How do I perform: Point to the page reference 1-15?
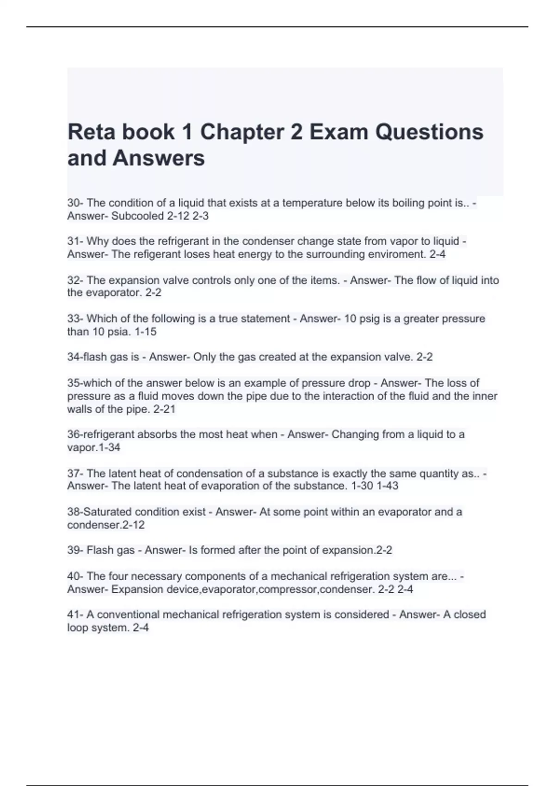[x=145, y=332]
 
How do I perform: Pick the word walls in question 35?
[x=79, y=409]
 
